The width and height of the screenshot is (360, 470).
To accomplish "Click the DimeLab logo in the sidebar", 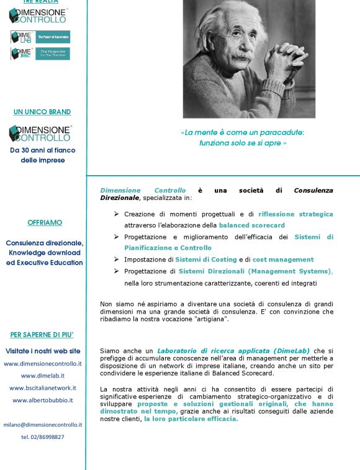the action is [x=40, y=37].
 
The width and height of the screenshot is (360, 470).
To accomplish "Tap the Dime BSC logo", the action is [x=40, y=54].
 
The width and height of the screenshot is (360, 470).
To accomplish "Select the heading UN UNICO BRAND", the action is [x=42, y=112].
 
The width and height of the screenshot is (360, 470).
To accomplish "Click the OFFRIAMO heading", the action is [x=45, y=222].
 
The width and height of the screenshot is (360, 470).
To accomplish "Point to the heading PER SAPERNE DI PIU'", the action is [x=42, y=335].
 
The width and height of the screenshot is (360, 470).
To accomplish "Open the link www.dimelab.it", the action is [x=43, y=376].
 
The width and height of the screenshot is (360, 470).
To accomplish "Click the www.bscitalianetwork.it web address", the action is [x=43, y=388].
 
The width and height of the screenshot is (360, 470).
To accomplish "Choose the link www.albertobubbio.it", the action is [x=43, y=400].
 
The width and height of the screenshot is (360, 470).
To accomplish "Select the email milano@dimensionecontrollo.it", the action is [x=43, y=425].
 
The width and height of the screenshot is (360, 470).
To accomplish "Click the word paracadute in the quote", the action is [x=280, y=132].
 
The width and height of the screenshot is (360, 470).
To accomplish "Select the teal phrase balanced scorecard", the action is [x=252, y=225].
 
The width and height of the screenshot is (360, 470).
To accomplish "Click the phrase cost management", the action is [x=283, y=260].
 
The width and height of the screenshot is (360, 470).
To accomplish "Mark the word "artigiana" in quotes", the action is [x=210, y=319].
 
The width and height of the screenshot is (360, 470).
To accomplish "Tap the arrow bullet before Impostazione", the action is [x=116, y=260].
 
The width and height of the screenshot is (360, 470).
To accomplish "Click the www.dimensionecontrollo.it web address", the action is [x=43, y=364].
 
